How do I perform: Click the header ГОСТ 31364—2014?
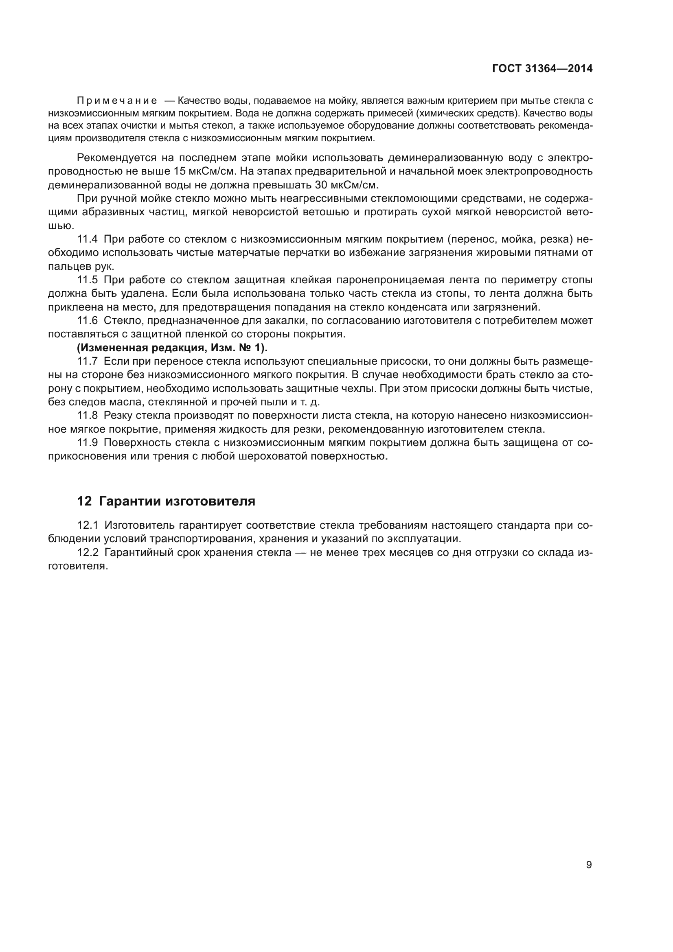542,69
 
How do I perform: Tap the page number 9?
589,864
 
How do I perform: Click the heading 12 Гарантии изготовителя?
166,501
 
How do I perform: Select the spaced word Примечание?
117,101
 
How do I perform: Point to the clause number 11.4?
88,239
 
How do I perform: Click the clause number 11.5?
88,280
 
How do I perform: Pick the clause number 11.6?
88,320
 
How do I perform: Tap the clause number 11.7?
88,361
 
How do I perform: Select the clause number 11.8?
88,416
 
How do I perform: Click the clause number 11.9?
88,443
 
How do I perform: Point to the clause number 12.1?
88,525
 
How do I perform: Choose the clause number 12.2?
88,553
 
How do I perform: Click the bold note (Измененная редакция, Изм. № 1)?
172,348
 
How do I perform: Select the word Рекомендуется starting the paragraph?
116,158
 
